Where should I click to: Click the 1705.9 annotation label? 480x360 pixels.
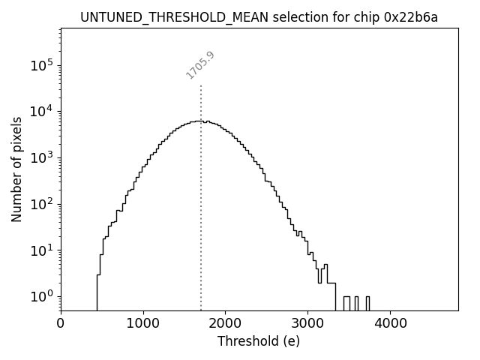click(x=200, y=65)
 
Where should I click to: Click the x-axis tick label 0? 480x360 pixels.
click(x=61, y=324)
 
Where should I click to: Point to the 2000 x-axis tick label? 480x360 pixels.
click(x=225, y=324)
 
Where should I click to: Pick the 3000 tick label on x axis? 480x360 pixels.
click(x=307, y=324)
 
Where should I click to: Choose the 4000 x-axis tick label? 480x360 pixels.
click(x=390, y=324)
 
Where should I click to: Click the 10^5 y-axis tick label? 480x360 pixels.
click(x=41, y=66)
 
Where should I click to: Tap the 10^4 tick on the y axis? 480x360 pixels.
click(x=41, y=112)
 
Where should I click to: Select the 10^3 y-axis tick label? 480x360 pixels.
click(x=41, y=158)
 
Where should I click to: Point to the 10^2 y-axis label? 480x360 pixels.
click(x=41, y=204)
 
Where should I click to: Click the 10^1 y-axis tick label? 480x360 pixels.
click(x=41, y=250)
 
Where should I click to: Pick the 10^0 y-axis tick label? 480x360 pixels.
click(x=41, y=296)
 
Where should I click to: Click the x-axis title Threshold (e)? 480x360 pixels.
click(x=259, y=341)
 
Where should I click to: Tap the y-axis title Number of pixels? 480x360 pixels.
click(x=16, y=169)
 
